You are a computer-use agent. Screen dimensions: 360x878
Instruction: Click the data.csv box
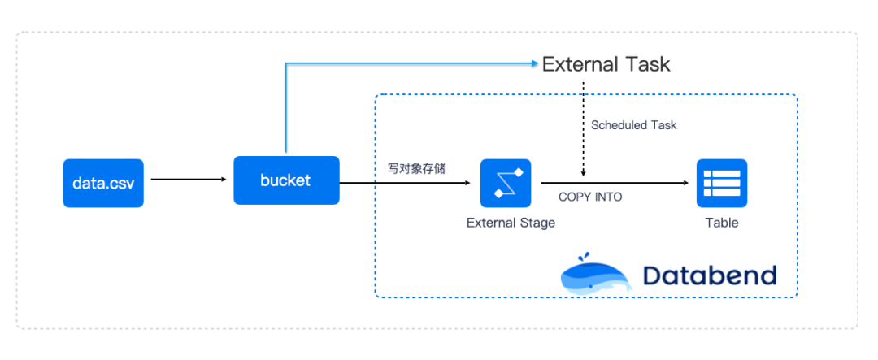103,183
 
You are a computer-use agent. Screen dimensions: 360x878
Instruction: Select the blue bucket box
285,180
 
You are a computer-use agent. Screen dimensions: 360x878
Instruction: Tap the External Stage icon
505,184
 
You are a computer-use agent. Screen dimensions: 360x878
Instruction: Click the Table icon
721,184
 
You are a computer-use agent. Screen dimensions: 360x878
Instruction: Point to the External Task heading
606,64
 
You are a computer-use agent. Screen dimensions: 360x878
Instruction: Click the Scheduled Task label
633,125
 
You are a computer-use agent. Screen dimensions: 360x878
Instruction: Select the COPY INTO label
590,197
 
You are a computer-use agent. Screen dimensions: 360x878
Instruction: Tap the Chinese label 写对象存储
415,169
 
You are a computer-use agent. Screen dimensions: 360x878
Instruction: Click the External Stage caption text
511,223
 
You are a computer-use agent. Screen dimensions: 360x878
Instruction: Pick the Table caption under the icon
722,223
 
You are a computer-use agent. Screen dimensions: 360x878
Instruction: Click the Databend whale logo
596,272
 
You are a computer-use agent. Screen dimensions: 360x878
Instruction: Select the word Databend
709,275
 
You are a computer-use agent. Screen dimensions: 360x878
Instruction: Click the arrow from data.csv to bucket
189,180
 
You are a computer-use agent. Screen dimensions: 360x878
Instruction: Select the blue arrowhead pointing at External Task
534,63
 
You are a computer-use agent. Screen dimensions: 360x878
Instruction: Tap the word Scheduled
618,125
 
